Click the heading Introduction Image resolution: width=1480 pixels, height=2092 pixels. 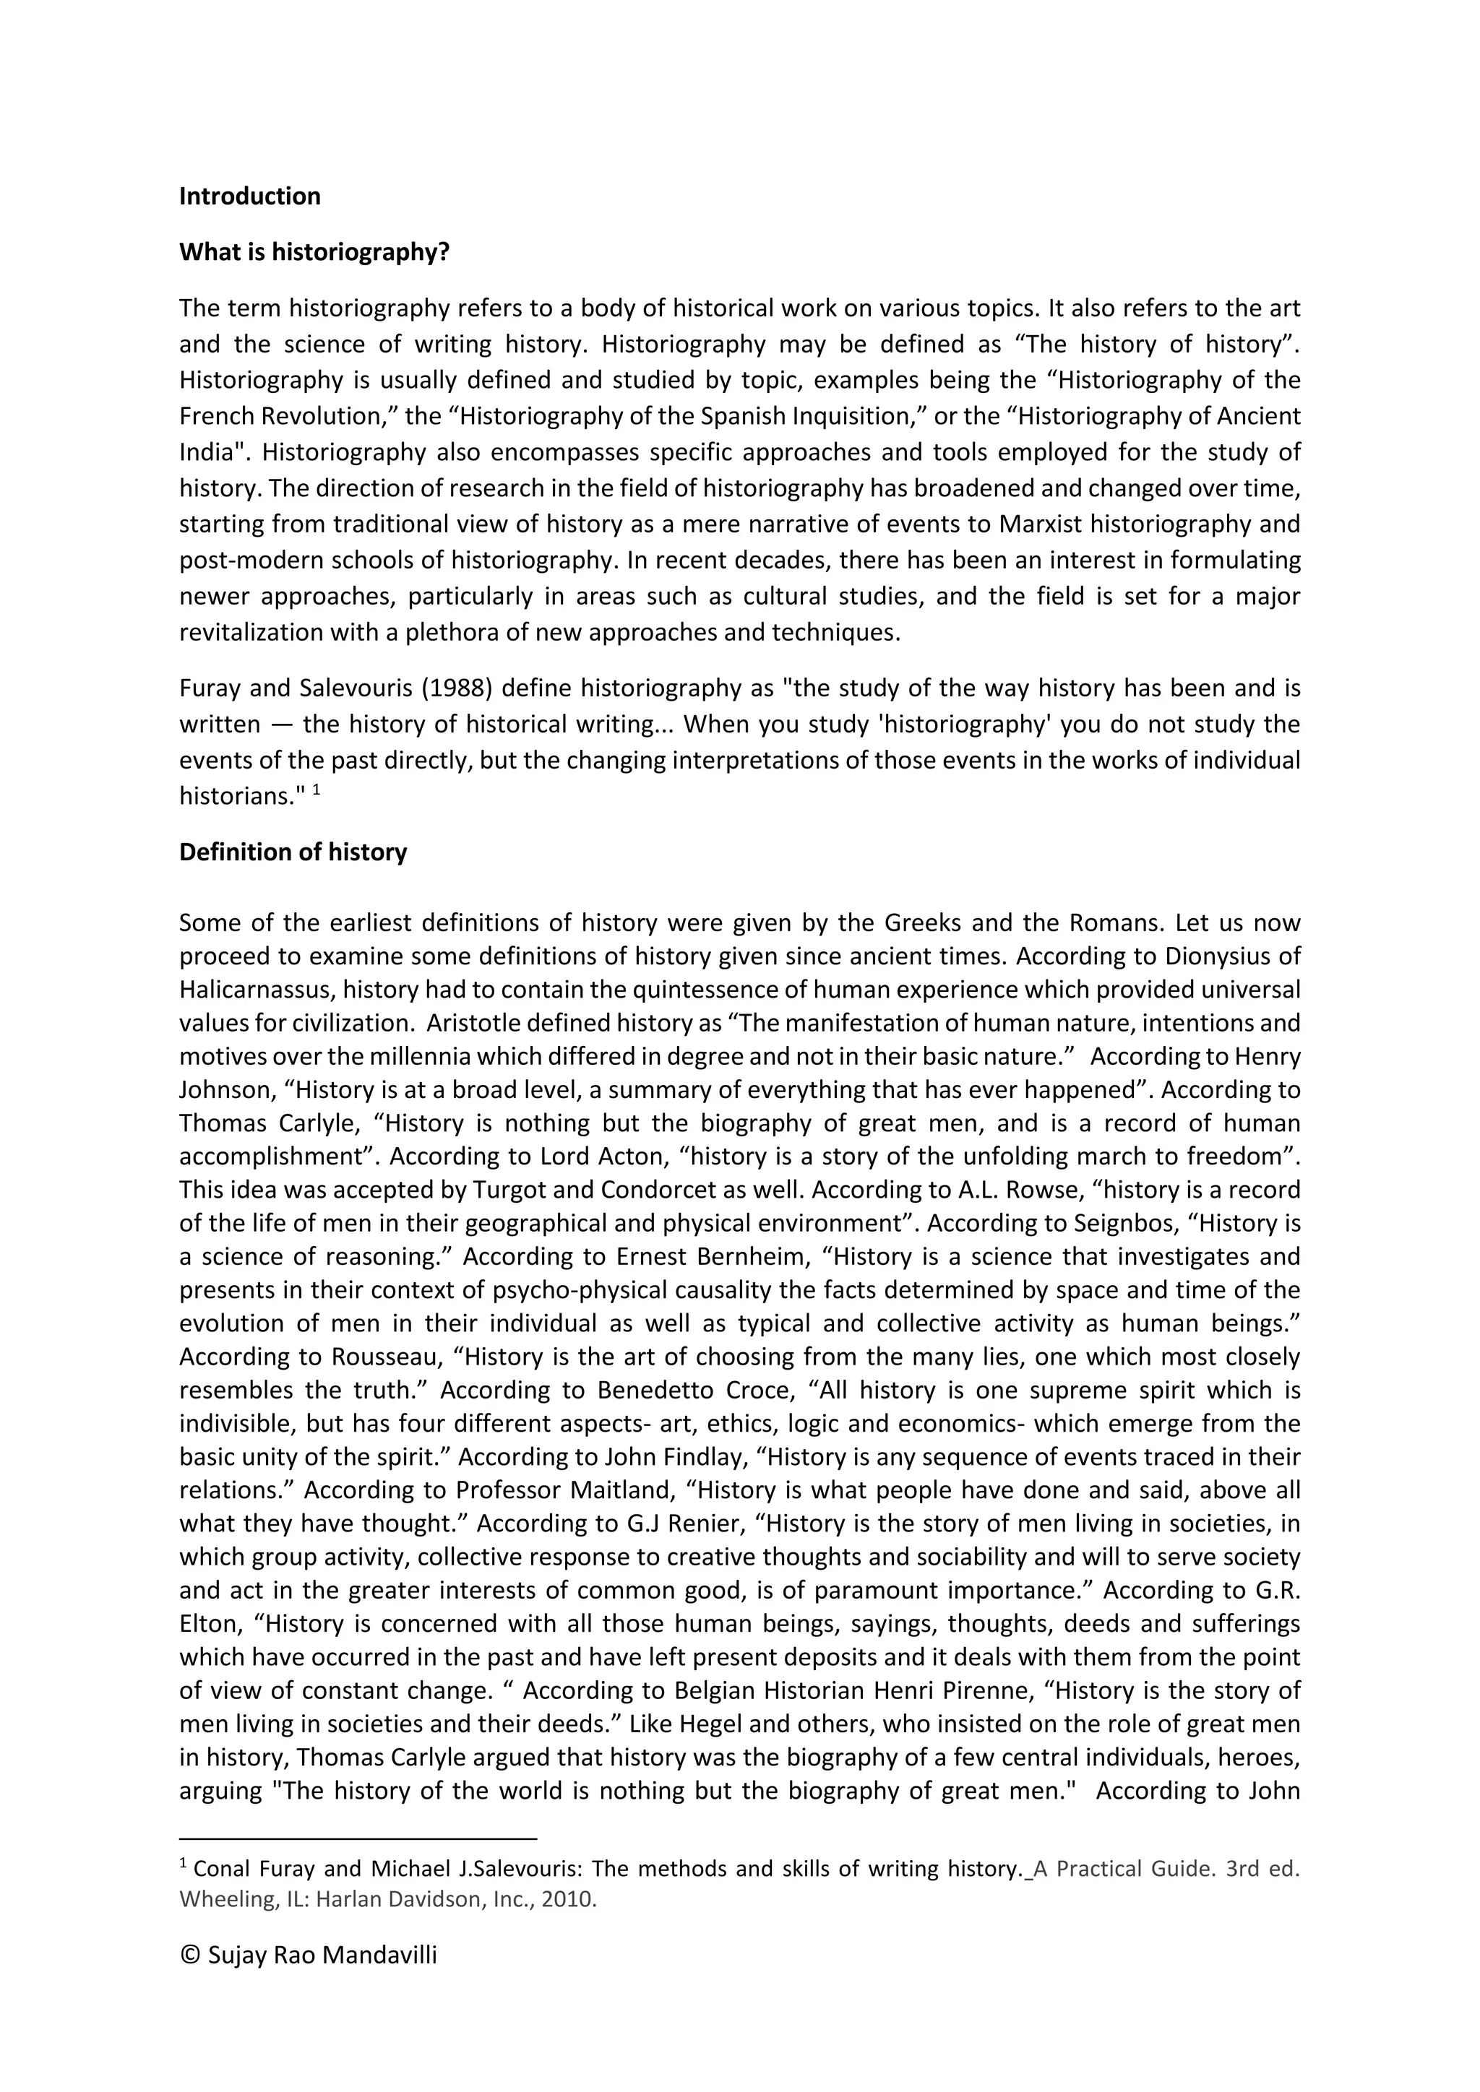[x=250, y=196]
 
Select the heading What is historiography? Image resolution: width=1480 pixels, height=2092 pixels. [x=314, y=252]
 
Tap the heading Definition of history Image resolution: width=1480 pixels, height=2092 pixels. [x=293, y=852]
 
